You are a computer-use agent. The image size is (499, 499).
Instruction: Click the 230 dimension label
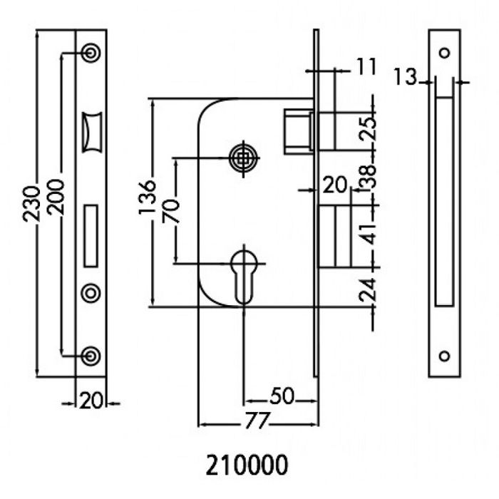click(x=32, y=204)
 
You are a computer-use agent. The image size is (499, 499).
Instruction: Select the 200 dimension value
click(x=55, y=197)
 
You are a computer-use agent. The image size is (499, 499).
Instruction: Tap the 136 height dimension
click(x=148, y=197)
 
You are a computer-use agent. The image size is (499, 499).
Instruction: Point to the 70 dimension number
click(x=171, y=212)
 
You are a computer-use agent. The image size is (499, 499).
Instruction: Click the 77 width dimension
click(x=257, y=421)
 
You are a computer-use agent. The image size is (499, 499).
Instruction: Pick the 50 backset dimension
click(x=282, y=396)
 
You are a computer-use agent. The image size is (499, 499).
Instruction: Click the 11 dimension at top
click(x=366, y=66)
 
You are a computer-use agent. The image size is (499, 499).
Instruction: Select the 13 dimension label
click(x=405, y=76)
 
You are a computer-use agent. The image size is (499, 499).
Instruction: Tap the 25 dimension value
click(x=368, y=128)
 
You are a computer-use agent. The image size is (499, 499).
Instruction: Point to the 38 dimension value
click(x=368, y=176)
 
